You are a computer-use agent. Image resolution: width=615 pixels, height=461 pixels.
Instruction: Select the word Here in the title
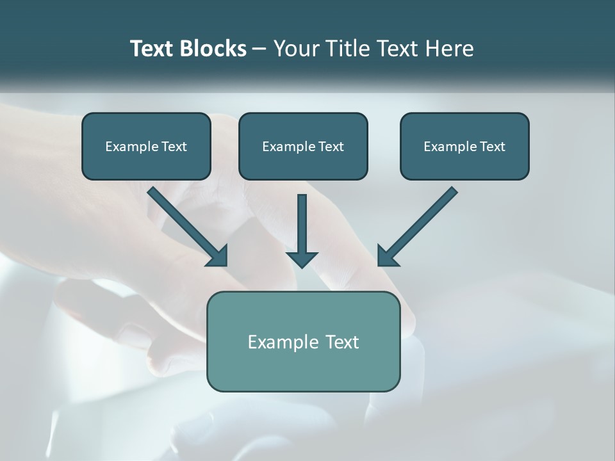point(450,49)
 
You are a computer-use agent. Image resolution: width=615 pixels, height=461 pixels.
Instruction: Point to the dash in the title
point(259,49)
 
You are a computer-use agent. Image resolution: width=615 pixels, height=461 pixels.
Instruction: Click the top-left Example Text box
point(146,147)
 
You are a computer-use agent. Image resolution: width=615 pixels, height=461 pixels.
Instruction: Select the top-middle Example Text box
point(303,147)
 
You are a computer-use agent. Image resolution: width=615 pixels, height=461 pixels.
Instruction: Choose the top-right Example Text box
point(464,147)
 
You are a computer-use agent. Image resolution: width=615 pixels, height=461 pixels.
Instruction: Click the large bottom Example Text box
point(303,341)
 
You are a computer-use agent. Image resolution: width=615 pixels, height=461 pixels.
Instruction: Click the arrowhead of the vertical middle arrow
point(302,259)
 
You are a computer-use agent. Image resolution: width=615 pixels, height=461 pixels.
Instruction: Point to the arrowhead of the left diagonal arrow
point(218,257)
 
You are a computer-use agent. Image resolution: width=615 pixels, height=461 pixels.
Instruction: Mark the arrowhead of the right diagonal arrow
point(386,256)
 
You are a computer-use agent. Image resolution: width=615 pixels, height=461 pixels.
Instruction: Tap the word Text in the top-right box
point(492,147)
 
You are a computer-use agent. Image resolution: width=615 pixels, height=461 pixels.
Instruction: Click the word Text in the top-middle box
point(331,147)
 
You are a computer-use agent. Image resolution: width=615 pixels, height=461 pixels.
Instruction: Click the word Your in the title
point(296,49)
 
